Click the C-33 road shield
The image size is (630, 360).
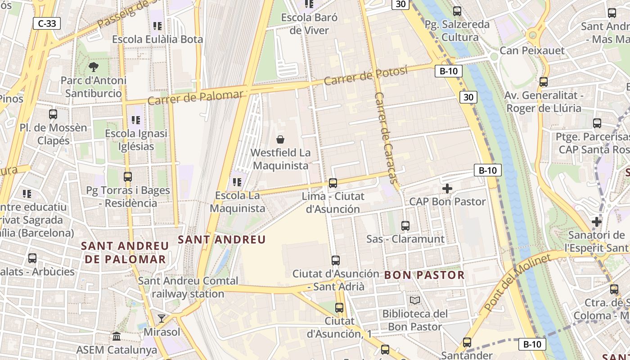click(x=47, y=23)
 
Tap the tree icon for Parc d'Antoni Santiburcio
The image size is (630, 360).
click(x=94, y=67)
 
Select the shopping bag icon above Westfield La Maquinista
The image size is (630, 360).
click(x=280, y=139)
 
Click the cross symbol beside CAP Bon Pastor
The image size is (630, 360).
click(x=447, y=189)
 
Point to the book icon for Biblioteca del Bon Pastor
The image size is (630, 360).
click(x=414, y=300)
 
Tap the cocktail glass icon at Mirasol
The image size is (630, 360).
click(x=161, y=319)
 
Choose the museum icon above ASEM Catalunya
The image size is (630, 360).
click(x=117, y=336)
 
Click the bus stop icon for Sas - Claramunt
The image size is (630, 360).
click(x=405, y=226)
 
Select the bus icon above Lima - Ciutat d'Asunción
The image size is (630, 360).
click(x=333, y=183)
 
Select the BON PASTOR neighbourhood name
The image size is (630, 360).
click(x=424, y=275)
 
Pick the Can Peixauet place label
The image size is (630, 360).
click(x=532, y=50)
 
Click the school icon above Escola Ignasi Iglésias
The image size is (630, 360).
click(x=135, y=120)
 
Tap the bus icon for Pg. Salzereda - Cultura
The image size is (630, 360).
click(x=457, y=11)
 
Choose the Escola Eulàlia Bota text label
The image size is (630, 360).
click(x=157, y=39)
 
